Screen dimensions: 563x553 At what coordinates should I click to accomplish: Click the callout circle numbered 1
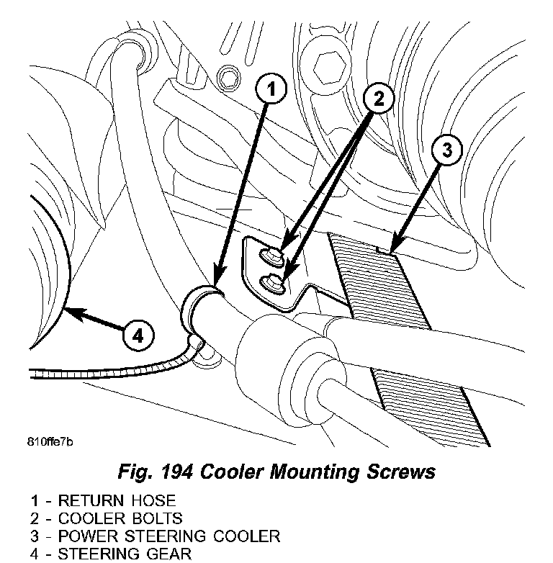point(271,91)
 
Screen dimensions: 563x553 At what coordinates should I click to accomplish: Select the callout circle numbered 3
point(446,150)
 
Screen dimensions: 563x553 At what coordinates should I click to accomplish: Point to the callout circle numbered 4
point(138,335)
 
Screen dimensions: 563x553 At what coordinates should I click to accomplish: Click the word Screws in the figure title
point(400,472)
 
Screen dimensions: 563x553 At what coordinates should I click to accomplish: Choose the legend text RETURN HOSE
point(117,500)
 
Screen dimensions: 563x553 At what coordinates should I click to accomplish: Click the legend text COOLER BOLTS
point(120,518)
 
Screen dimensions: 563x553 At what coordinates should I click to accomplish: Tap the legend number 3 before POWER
point(37,536)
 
